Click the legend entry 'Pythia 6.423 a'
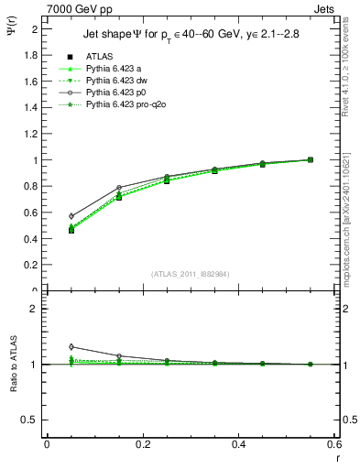pos(113,69)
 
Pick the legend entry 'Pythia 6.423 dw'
pos(116,82)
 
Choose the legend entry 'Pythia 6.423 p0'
pos(116,94)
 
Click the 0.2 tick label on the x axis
pos(142,444)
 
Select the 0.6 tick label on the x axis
pos(334,444)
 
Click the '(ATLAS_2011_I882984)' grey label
pos(190,273)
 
